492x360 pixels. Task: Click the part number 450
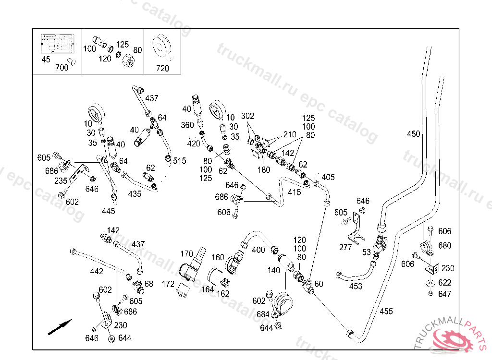[413, 134]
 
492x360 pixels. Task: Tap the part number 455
[386, 312]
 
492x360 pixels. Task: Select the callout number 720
[162, 68]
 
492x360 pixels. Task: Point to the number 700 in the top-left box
[62, 67]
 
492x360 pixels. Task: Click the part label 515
[180, 161]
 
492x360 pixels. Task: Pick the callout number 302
[247, 116]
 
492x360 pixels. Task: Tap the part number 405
[328, 177]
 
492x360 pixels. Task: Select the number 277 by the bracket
[345, 247]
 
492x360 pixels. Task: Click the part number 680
[444, 246]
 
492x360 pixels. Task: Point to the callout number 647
[444, 294]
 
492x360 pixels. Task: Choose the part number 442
[97, 271]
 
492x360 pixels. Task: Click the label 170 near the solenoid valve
[187, 253]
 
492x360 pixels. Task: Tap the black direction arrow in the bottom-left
[60, 327]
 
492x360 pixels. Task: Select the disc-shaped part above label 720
[161, 47]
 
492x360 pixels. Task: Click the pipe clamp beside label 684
[283, 303]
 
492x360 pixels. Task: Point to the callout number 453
[356, 286]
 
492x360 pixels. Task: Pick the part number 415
[295, 192]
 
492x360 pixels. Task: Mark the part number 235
[61, 181]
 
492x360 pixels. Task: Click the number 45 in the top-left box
[46, 60]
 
